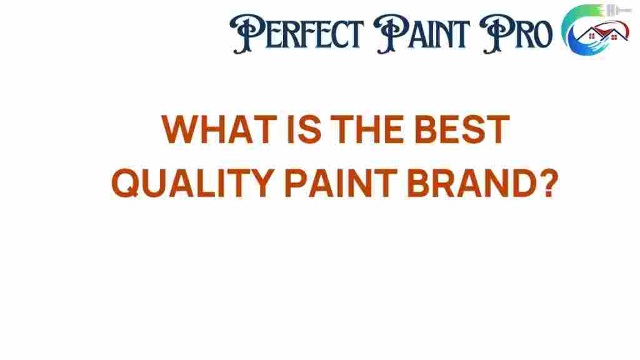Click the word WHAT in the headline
219,129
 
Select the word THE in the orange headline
367,129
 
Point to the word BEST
462,129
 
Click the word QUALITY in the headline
192,182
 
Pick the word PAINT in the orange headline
341,182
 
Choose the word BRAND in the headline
472,182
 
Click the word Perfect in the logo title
297,34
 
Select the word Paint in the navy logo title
422,34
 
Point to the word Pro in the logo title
516,34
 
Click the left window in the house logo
592,37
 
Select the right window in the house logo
614,37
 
